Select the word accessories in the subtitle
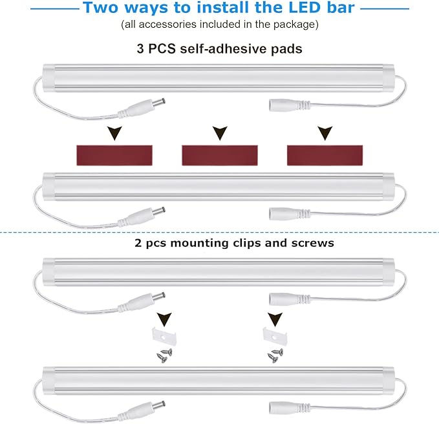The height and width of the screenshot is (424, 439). point(169,25)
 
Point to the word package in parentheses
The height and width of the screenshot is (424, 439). point(296,25)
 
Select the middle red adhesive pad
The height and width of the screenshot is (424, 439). point(220,154)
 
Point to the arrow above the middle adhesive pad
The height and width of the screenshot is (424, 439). point(220,133)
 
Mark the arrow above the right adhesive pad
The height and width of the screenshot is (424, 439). point(323,133)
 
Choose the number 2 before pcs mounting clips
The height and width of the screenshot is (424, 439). point(138,244)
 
